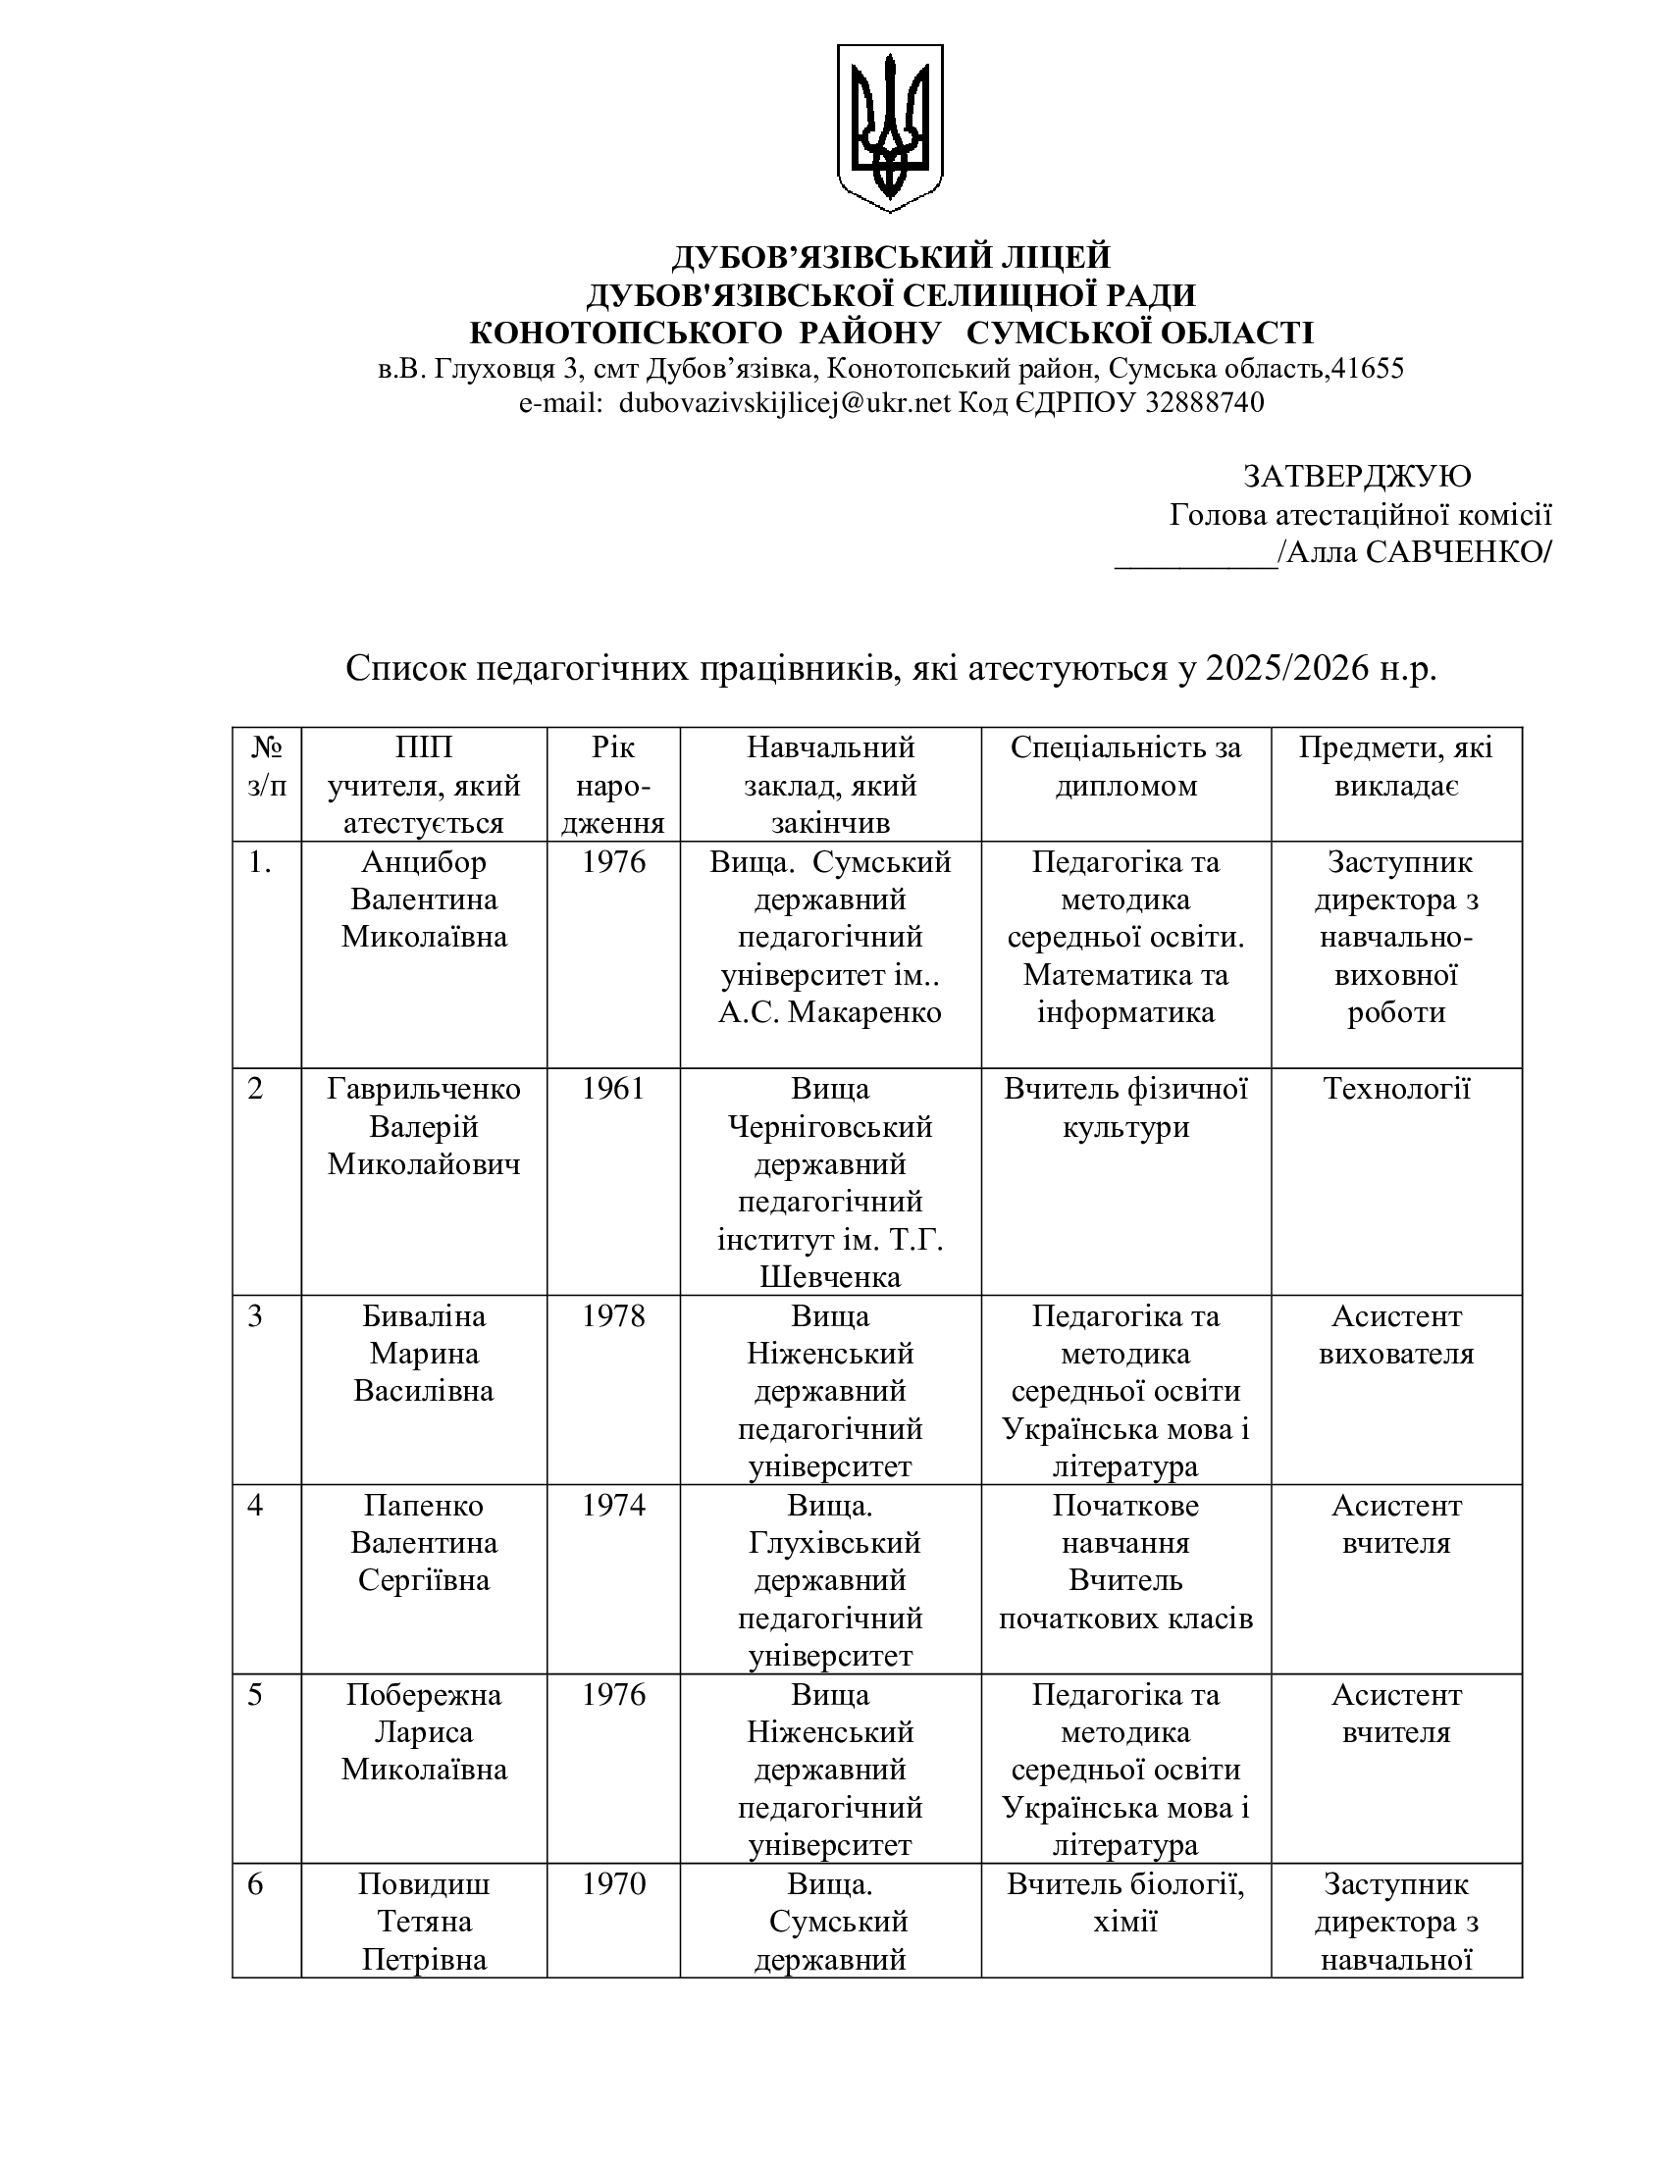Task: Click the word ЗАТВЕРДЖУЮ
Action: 1357,477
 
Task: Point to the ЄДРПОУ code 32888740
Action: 1204,403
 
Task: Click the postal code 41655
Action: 1368,369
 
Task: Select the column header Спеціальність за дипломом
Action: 1125,766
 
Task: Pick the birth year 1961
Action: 612,1089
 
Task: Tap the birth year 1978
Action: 612,1316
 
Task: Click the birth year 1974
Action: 612,1506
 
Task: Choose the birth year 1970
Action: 612,1883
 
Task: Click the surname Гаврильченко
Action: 424,1089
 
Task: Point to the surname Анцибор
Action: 424,861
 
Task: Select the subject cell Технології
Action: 1396,1089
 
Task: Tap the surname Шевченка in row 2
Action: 830,1277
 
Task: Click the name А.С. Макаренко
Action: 830,1013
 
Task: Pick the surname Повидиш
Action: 424,1883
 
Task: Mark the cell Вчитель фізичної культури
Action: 1125,1107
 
